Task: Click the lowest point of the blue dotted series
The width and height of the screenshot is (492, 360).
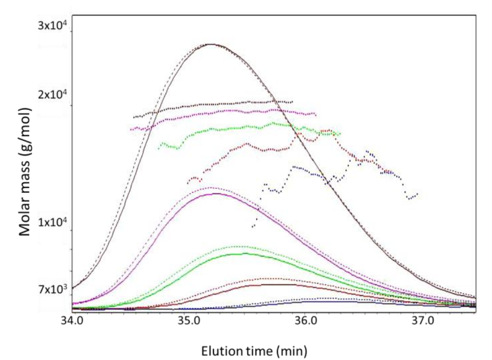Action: click(x=253, y=227)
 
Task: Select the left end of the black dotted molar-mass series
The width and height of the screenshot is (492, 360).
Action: click(x=134, y=117)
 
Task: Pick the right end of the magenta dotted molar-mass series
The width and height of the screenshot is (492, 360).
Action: click(x=315, y=114)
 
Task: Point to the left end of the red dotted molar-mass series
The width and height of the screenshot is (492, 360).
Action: click(x=188, y=183)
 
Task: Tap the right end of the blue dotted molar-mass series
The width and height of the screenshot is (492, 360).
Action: click(x=417, y=194)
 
